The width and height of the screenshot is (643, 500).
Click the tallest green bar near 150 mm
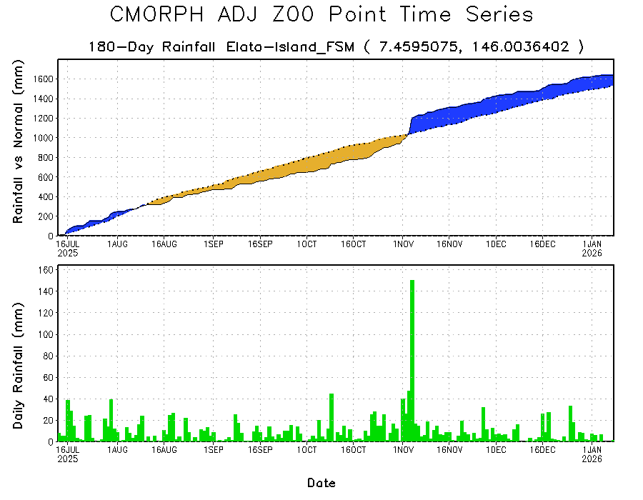click(x=412, y=357)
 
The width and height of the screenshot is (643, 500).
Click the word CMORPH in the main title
click(x=154, y=14)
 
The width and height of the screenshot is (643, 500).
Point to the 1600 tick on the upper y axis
click(x=42, y=79)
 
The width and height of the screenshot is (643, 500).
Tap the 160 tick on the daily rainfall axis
click(x=46, y=270)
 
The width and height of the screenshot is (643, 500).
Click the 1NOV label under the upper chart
click(x=402, y=244)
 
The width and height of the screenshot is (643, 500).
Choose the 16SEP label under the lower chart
click(x=260, y=450)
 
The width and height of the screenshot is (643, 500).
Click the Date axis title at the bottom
click(x=321, y=483)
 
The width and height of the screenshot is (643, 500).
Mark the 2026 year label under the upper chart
click(x=592, y=252)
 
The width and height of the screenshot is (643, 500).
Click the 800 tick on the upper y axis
click(x=45, y=157)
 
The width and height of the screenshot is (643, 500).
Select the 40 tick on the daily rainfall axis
click(x=48, y=399)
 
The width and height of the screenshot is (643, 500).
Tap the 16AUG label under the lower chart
click(x=165, y=450)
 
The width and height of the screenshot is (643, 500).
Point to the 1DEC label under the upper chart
click(x=496, y=244)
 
